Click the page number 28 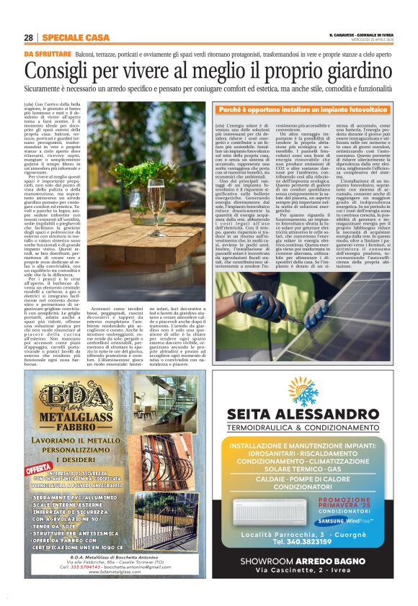coord(28,37)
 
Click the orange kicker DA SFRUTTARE coord(47,54)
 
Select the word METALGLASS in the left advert coord(67,419)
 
